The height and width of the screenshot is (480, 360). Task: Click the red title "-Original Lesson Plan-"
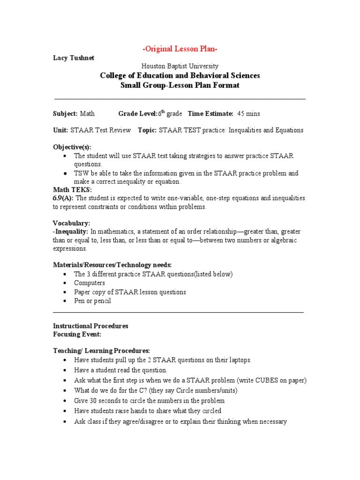tap(180, 49)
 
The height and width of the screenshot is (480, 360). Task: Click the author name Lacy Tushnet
tap(74, 58)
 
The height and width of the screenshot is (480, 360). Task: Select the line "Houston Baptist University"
tap(180, 67)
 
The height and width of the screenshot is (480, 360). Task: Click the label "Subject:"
tap(65, 113)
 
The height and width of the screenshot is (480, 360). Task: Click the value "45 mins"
tap(248, 113)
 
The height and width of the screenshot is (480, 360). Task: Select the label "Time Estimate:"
tap(210, 113)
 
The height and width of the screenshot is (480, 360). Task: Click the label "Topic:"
tap(147, 130)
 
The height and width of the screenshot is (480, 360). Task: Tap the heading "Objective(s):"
tap(72, 147)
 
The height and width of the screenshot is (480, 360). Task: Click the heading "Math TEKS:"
tap(73, 189)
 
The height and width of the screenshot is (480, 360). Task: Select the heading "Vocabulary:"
tap(72, 223)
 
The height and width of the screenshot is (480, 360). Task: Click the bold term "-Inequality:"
tap(70, 232)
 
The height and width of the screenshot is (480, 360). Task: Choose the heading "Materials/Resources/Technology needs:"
tap(112, 265)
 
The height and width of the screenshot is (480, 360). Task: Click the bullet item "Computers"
tap(90, 283)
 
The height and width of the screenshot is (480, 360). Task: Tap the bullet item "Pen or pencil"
tap(92, 301)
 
